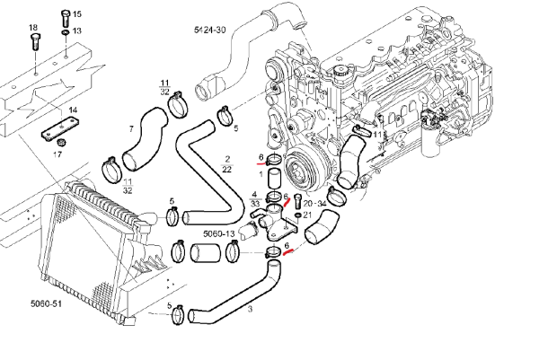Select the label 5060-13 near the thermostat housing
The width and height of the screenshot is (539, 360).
coord(218,233)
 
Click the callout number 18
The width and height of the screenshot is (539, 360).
coord(33,28)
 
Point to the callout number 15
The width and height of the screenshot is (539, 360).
coord(76,15)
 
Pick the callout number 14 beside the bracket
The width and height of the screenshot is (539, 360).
coord(74,110)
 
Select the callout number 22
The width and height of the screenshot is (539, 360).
coord(226,169)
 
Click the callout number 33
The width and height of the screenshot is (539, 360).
coord(256,206)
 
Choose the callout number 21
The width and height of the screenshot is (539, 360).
coord(307,215)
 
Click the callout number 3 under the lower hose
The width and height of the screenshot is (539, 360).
coord(249,310)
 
